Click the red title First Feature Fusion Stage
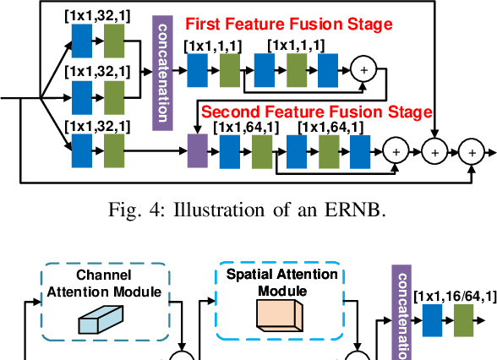pyautogui.click(x=288, y=25)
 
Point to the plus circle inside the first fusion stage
pyautogui.click(x=364, y=70)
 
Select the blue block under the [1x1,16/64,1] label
pyautogui.click(x=433, y=322)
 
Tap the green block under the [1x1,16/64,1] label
pyautogui.click(x=464, y=322)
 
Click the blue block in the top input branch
pyautogui.click(x=83, y=39)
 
